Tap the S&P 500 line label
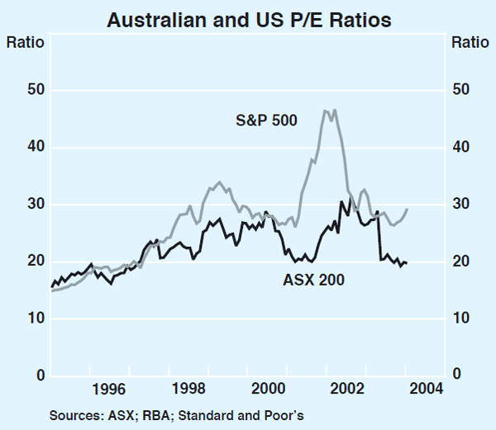tap(263, 120)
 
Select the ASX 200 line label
tap(313, 280)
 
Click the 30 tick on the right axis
tap(460, 205)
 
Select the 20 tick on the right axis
tap(460, 262)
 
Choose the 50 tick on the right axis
tap(460, 90)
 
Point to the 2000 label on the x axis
tap(269, 389)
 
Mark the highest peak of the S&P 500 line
tap(326, 110)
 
